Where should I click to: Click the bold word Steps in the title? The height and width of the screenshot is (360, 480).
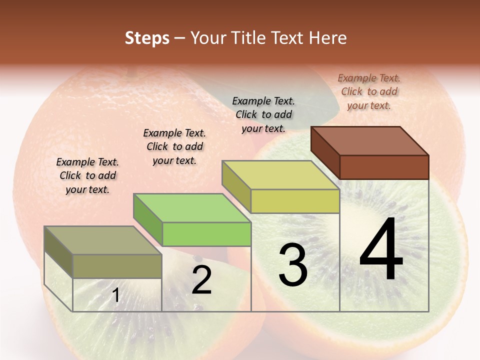(x=147, y=38)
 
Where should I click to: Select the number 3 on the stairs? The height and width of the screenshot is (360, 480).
(x=292, y=265)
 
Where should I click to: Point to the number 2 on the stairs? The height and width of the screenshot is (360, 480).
(x=201, y=280)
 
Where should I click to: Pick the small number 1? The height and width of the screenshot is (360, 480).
(x=115, y=295)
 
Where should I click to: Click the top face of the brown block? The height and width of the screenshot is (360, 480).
(x=369, y=141)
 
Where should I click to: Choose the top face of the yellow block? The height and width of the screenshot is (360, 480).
(x=280, y=175)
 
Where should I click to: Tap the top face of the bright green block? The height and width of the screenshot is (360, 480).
(x=192, y=208)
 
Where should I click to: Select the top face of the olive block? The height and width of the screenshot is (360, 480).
(x=103, y=240)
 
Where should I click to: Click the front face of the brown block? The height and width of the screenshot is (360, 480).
(x=384, y=167)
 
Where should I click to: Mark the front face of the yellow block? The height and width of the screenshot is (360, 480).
(x=295, y=201)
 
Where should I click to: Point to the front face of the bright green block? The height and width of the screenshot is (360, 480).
(x=206, y=234)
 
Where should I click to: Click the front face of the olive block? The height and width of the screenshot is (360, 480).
(x=117, y=266)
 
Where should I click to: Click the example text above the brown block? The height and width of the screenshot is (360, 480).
(x=369, y=91)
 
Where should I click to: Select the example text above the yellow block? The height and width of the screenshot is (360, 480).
(x=263, y=114)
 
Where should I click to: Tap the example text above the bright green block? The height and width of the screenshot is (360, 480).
(x=174, y=146)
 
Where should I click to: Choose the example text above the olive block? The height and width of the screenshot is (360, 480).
(x=87, y=175)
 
